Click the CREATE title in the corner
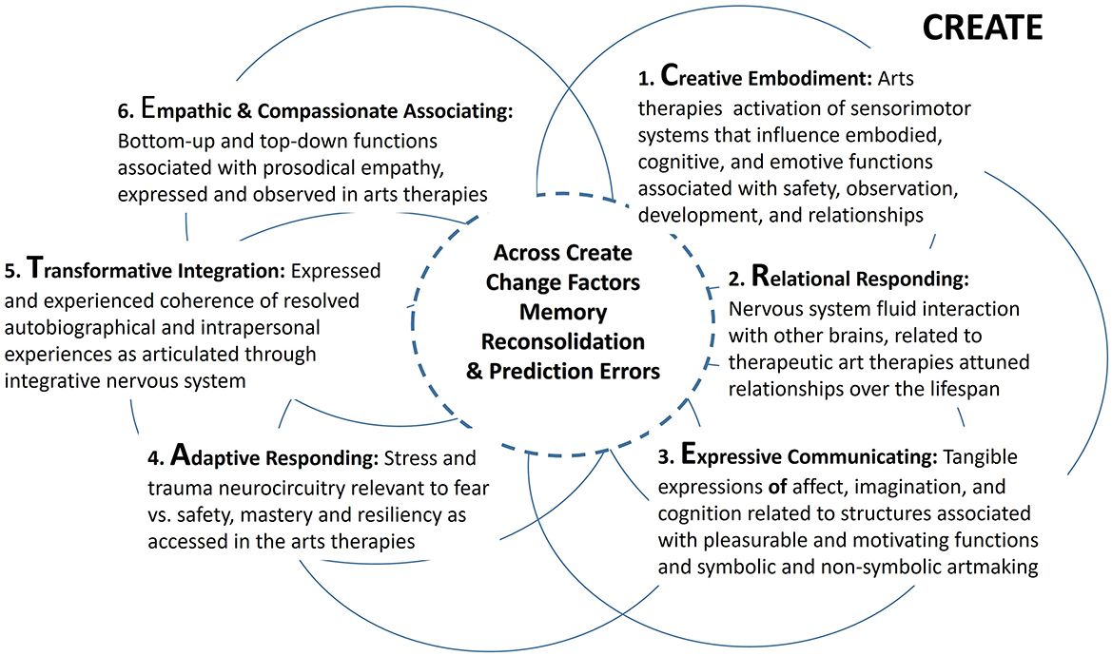[983, 28]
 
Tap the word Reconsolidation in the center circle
[563, 341]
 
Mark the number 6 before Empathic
[124, 111]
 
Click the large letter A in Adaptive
[183, 455]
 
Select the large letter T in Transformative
[36, 269]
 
